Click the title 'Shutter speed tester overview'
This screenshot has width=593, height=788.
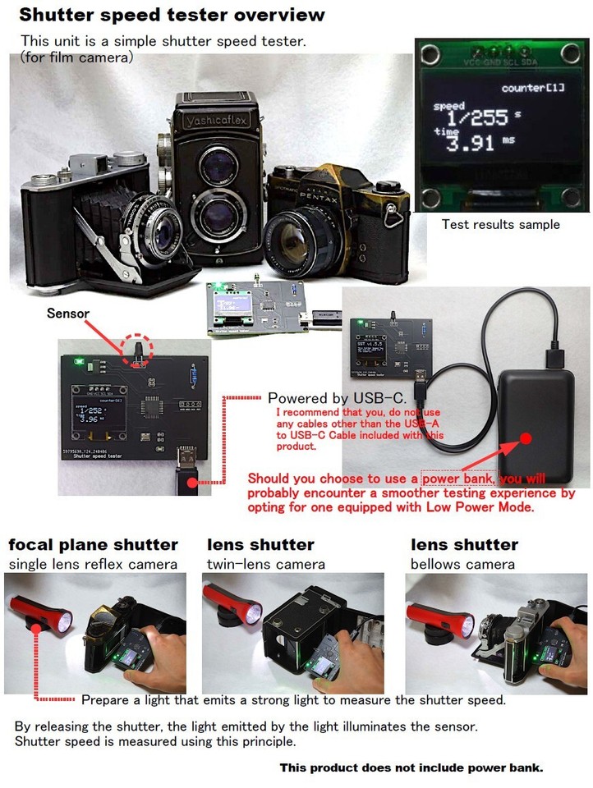(172, 15)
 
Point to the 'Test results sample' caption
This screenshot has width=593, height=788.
(500, 224)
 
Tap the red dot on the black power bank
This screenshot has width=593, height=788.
(526, 437)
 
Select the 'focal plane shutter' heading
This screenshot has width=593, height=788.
(93, 544)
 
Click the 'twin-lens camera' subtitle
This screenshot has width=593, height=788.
(265, 564)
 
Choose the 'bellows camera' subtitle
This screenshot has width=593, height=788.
(462, 564)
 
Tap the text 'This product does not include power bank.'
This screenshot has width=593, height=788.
(411, 767)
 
